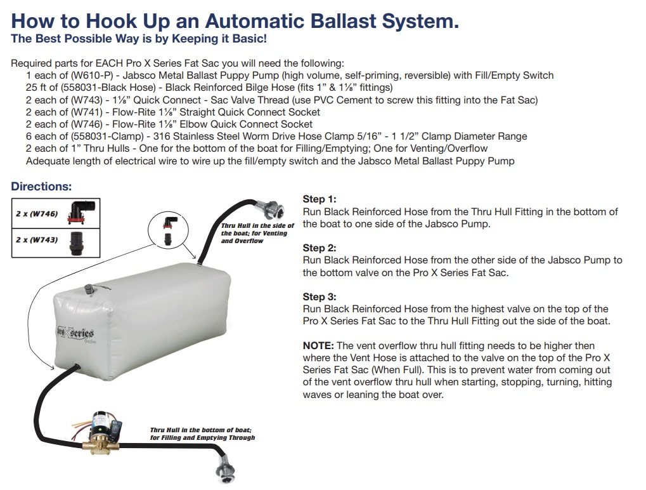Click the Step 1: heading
click(320, 199)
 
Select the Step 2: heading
click(320, 248)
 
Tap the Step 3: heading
click(320, 296)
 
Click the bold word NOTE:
click(318, 346)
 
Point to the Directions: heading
click(41, 187)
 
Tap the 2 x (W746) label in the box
click(37, 214)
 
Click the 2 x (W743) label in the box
click(37, 240)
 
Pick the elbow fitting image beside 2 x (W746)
click(81, 213)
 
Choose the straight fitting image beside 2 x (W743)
click(77, 243)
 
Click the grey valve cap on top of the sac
click(89, 289)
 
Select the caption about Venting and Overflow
click(258, 234)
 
